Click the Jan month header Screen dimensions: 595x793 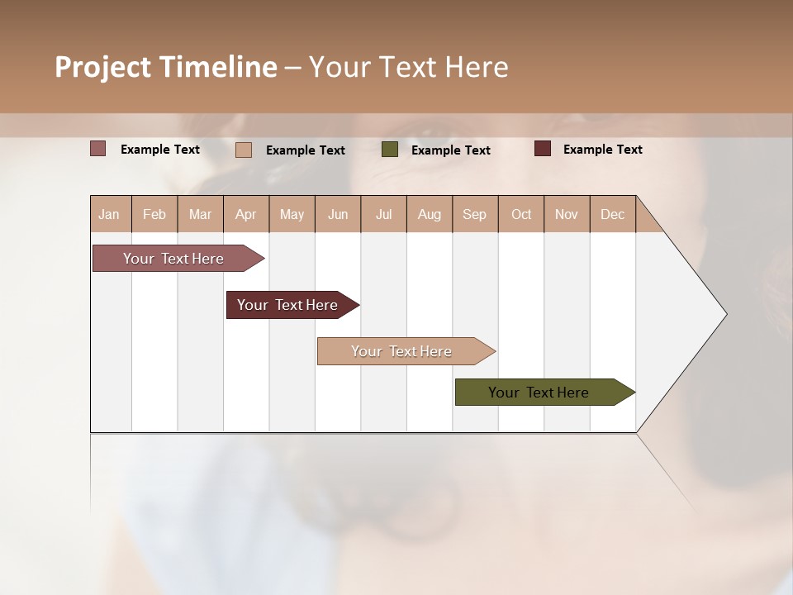110,214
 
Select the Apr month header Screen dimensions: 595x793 245,214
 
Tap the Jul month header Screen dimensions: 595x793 383,214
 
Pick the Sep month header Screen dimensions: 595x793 474,214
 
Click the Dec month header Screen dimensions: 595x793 612,214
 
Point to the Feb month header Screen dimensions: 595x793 154,214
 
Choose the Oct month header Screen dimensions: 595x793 521,214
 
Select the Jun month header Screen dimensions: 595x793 338,214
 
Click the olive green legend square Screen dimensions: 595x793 390,150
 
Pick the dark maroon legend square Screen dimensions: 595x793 543,149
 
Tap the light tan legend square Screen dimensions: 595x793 244,150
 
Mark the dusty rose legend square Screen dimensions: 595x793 98,149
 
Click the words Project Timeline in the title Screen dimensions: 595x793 166,67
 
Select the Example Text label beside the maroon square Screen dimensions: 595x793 602,150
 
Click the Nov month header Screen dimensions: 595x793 567,214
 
